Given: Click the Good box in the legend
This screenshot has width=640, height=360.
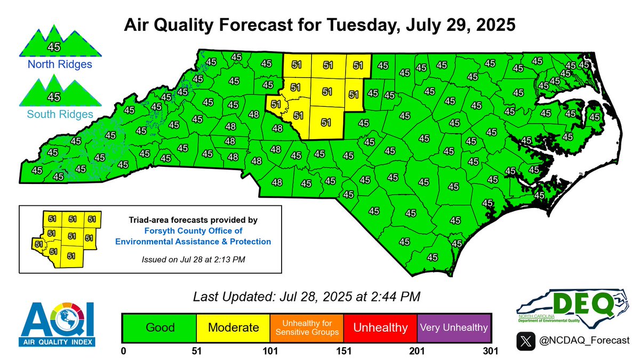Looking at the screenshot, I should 160,327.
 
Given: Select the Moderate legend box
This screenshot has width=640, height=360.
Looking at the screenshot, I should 233,327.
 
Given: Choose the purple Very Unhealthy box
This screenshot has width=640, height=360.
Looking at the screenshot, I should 454,327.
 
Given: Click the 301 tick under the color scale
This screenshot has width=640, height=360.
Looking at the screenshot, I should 490,351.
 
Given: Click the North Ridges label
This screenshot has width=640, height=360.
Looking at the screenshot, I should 52,65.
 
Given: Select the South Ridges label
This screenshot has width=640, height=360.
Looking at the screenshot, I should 52,114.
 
